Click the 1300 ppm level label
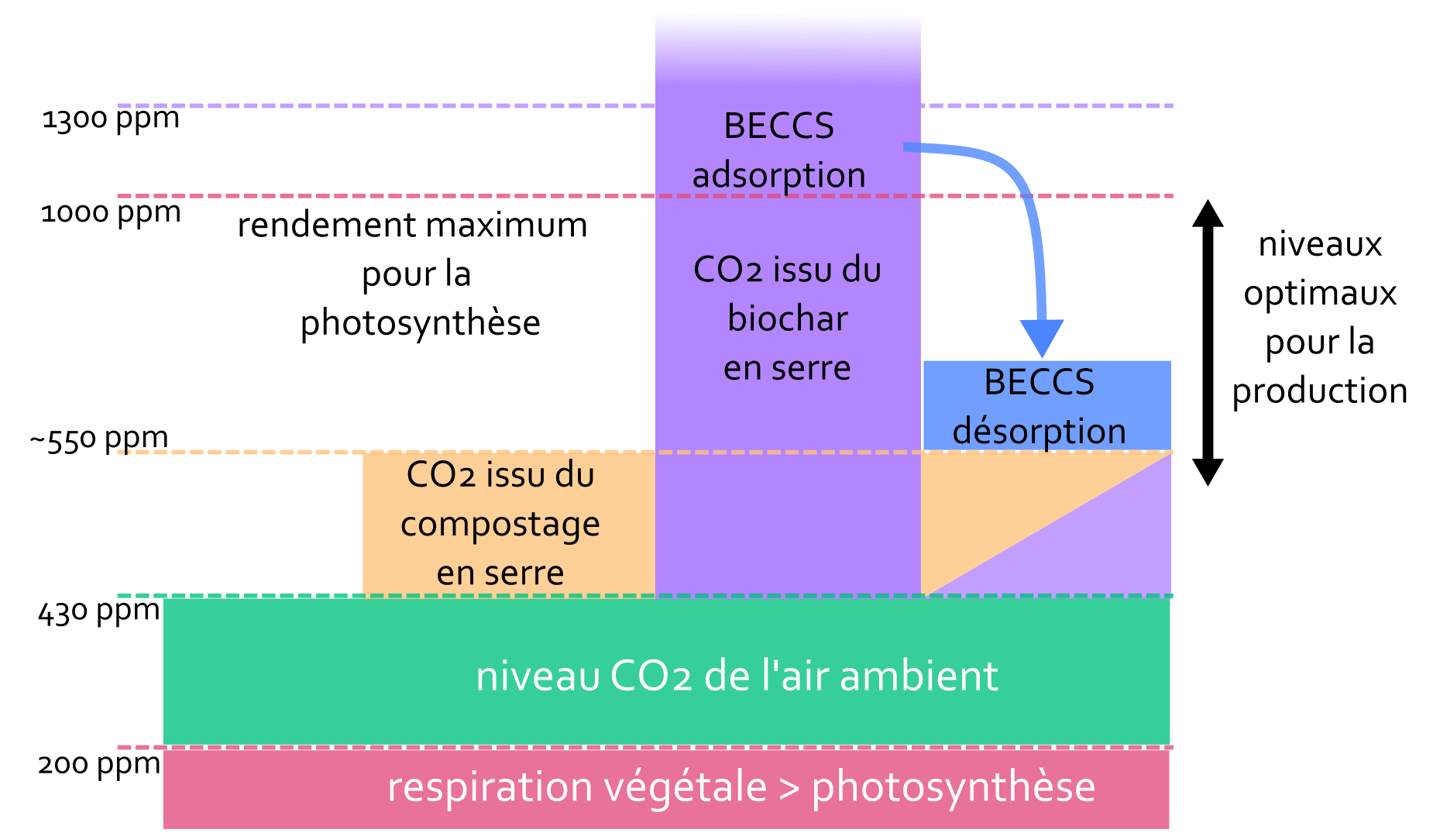[x=111, y=119]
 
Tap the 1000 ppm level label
[x=111, y=212]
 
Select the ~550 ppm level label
[x=99, y=439]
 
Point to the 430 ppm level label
[x=99, y=611]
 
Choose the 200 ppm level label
[x=99, y=764]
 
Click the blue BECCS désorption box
[x=1046, y=405]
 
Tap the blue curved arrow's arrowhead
[x=1042, y=336]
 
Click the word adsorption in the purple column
[x=778, y=175]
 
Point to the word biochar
[x=787, y=318]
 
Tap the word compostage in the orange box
[x=500, y=525]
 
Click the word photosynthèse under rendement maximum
[x=420, y=323]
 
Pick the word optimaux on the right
[x=1320, y=294]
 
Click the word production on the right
[x=1320, y=391]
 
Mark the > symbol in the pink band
[x=789, y=788]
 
